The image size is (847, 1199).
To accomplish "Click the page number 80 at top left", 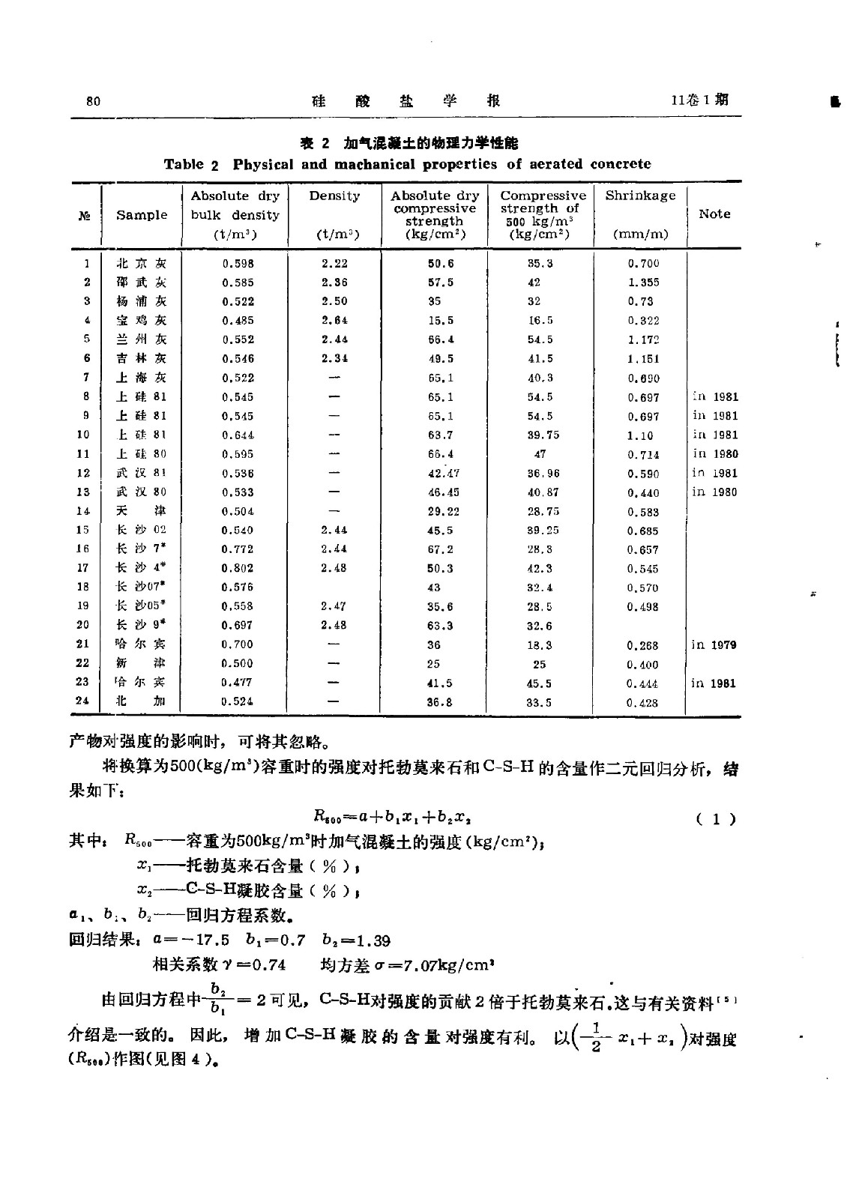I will (94, 102).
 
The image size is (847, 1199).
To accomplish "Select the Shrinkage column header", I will (640, 196).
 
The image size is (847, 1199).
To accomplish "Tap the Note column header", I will (714, 214).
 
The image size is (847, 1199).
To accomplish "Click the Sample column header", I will (142, 215).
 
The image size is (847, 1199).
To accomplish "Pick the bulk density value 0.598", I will (238, 264).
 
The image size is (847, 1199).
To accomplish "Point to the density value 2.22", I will (334, 263).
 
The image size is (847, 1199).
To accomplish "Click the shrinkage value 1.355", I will (643, 283).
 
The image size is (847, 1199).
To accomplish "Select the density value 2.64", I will (334, 320).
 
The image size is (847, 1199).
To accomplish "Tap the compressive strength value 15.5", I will (440, 321).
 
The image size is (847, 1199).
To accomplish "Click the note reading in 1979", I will (714, 644).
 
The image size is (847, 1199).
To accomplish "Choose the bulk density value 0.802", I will (238, 568).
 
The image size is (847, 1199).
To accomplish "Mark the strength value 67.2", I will (440, 549).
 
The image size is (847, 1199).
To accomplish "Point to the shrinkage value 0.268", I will (643, 645).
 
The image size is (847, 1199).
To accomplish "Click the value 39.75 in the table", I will (543, 435).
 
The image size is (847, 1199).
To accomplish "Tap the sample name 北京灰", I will (141, 264).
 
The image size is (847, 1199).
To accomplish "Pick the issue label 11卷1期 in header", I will (700, 100).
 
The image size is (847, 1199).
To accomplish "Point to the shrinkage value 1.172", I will (643, 339).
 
